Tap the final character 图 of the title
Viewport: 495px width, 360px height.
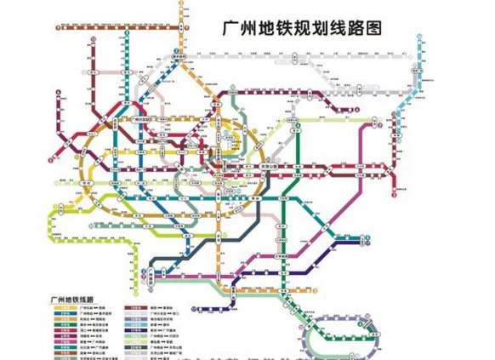coord(373,27)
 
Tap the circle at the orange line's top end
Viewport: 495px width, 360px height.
coord(181,4)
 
